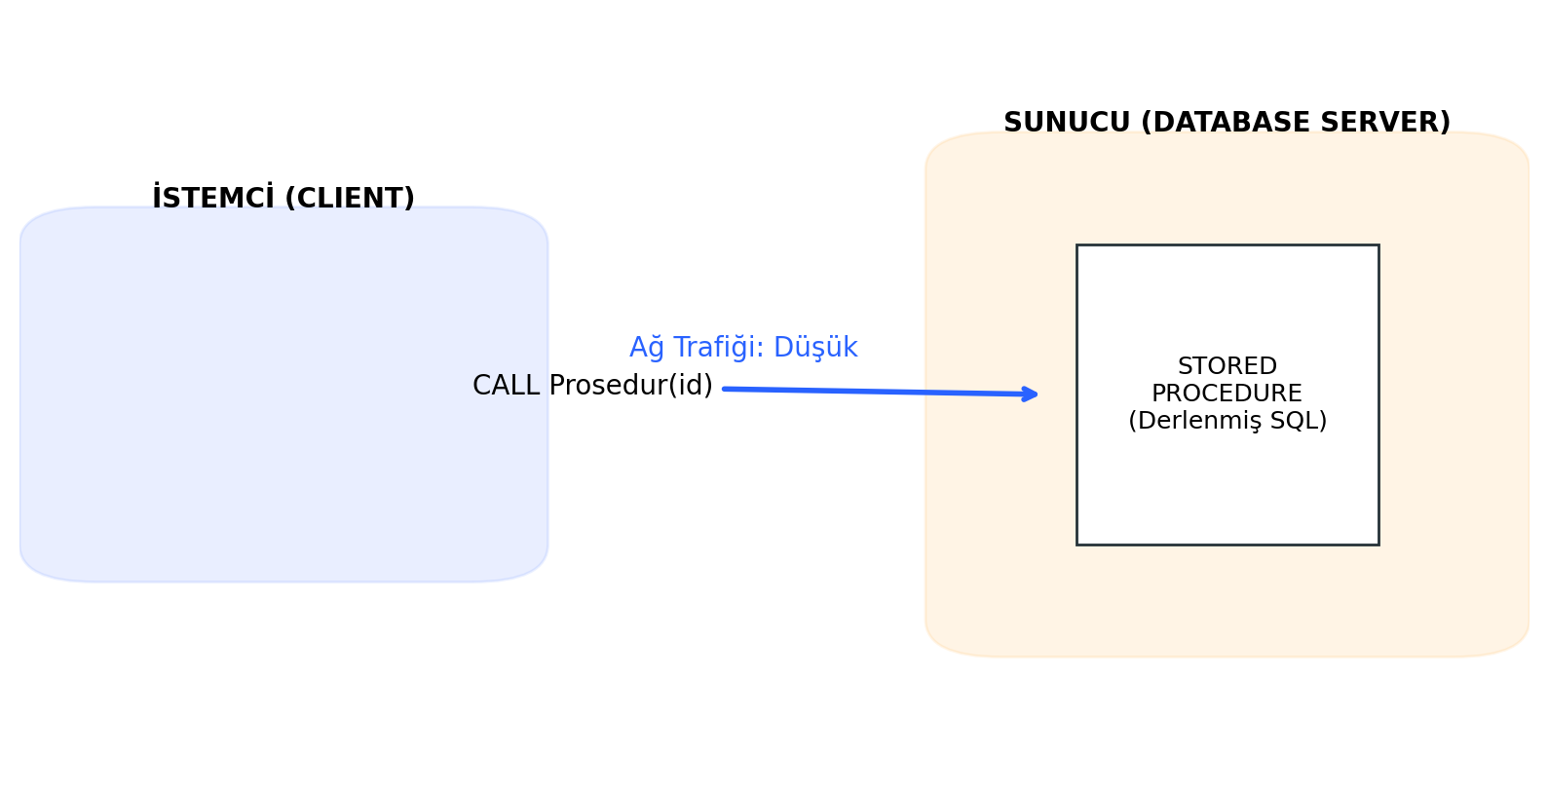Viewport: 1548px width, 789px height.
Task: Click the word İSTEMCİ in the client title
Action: tap(213, 199)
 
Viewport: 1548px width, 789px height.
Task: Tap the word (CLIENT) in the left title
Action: tap(349, 199)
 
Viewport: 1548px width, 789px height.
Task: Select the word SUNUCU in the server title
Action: tap(1067, 124)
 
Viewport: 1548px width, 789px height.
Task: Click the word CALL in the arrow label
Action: tap(506, 387)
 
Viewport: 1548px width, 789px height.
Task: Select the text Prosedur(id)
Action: tap(631, 387)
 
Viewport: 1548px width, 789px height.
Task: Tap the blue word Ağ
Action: tap(647, 349)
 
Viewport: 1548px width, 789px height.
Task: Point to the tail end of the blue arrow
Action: tap(726, 389)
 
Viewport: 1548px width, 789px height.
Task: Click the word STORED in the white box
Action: tap(1227, 367)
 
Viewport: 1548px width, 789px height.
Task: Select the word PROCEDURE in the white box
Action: tap(1227, 394)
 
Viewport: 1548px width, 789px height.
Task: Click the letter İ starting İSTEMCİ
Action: tap(157, 199)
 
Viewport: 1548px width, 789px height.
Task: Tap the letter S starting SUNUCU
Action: tap(1012, 124)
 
